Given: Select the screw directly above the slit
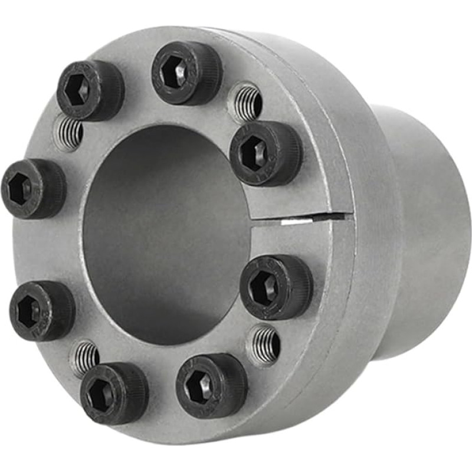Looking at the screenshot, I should pyautogui.click(x=265, y=153).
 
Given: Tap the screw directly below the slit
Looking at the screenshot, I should pyautogui.click(x=276, y=287).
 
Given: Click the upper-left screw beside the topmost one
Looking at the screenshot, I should pyautogui.click(x=90, y=90).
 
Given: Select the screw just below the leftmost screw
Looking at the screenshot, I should pyautogui.click(x=42, y=310).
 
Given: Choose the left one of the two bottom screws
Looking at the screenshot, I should pyautogui.click(x=114, y=392).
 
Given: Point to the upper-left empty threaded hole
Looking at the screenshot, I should pyautogui.click(x=68, y=133).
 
